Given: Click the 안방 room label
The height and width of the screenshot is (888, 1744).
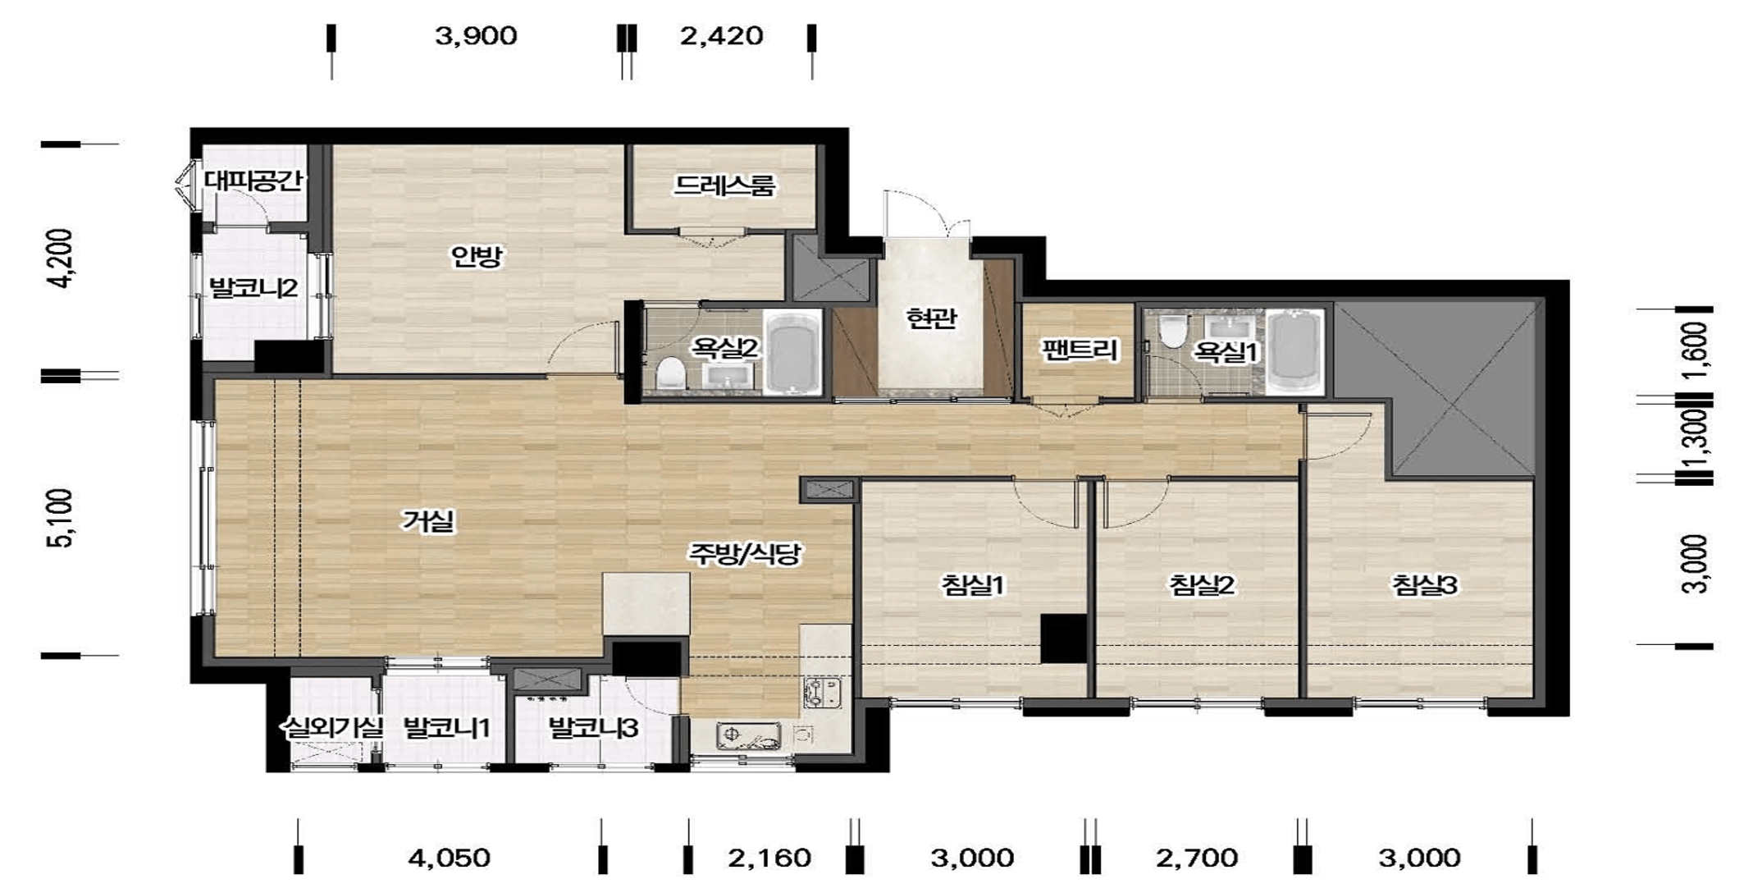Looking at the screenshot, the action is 476,257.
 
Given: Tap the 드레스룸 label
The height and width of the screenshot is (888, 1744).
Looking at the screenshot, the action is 724,185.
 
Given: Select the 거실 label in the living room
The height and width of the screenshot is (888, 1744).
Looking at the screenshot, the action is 427,521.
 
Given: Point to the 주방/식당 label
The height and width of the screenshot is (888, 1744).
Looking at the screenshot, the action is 744,554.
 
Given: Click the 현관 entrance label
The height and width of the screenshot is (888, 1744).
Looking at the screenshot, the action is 931,318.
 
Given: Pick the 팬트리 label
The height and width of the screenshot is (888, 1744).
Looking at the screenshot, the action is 1080,350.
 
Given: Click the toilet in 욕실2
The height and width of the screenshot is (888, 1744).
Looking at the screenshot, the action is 671,373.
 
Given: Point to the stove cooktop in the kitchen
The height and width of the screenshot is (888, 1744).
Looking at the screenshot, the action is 823,693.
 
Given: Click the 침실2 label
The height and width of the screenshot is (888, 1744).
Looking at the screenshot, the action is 1201,585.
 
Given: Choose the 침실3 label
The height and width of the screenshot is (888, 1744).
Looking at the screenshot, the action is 1424,585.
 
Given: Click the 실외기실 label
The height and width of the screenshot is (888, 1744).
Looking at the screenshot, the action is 332,727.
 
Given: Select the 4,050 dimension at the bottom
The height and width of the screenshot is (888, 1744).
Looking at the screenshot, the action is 449,858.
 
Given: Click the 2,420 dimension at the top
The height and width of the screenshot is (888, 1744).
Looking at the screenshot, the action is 722,36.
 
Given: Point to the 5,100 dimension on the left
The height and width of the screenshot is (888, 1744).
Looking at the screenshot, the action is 62,518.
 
